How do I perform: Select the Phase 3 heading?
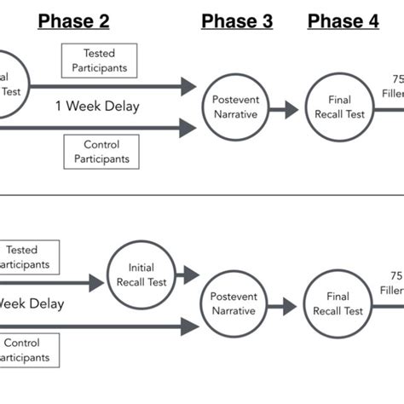pyautogui.click(x=237, y=21)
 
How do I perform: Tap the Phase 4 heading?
pyautogui.click(x=343, y=21)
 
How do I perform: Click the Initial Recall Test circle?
pyautogui.click(x=141, y=274)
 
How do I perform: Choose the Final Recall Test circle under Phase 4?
pyautogui.click(x=338, y=107)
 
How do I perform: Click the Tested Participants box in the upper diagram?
pyautogui.click(x=99, y=61)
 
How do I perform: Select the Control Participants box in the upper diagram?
pyautogui.click(x=101, y=152)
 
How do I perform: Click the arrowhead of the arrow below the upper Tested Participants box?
pyautogui.click(x=188, y=85)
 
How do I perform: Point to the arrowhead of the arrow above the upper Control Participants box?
pyautogui.click(x=188, y=129)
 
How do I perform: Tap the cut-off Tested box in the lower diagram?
pyautogui.click(x=27, y=257)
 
